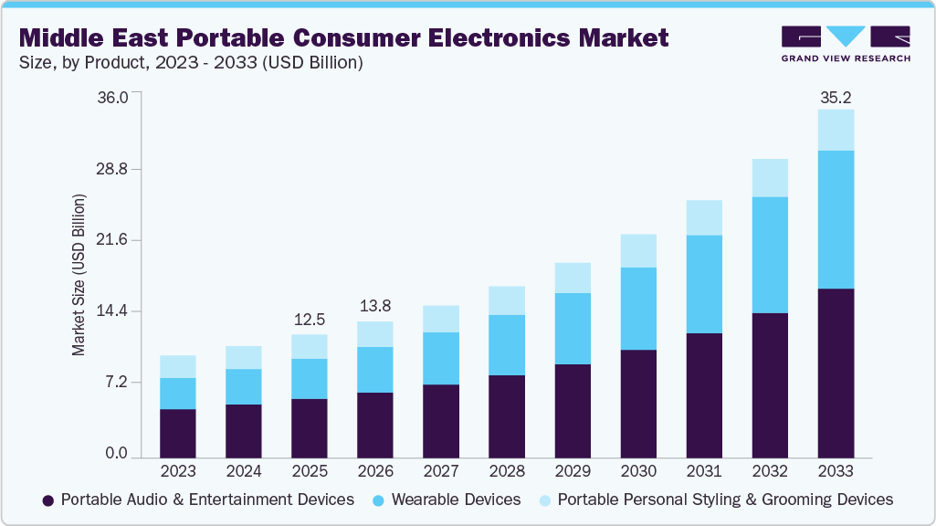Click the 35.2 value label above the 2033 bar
click(836, 97)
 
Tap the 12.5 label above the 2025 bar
click(310, 321)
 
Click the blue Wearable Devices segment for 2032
click(770, 255)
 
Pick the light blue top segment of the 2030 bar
click(638, 250)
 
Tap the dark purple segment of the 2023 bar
click(178, 433)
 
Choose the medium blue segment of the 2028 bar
click(507, 344)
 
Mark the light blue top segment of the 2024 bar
click(244, 357)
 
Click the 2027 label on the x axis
click(441, 471)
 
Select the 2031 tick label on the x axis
click(704, 471)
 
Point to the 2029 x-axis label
click(573, 471)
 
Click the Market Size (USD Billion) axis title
click(79, 275)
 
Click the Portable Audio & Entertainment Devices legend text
click(206, 500)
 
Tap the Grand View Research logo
click(846, 43)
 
